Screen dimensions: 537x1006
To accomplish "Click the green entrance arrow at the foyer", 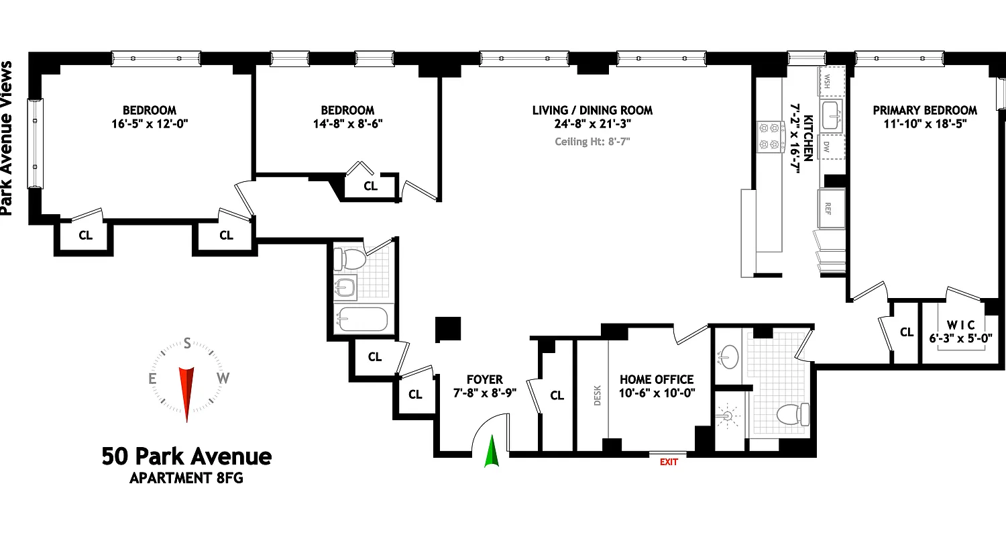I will pyautogui.click(x=492, y=451).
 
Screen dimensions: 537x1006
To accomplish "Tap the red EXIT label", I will pyautogui.click(x=669, y=462).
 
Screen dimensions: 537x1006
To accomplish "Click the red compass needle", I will pyautogui.click(x=186, y=393).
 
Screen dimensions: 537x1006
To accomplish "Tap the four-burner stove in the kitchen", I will pyautogui.click(x=771, y=136).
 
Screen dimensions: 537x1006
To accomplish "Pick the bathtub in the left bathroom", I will pyautogui.click(x=362, y=320).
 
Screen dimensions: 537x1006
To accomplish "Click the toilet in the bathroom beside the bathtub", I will pyautogui.click(x=350, y=258).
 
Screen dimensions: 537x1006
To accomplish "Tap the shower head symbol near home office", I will pyautogui.click(x=727, y=417).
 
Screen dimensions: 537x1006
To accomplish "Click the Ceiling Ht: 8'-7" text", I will pyautogui.click(x=592, y=141).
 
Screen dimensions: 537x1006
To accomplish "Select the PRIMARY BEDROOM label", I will pyautogui.click(x=925, y=110).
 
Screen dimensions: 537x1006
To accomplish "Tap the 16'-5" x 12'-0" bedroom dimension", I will pyautogui.click(x=149, y=124).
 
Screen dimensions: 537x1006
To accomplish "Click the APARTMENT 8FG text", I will pyautogui.click(x=186, y=479).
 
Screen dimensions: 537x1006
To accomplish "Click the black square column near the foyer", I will pyautogui.click(x=447, y=330).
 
